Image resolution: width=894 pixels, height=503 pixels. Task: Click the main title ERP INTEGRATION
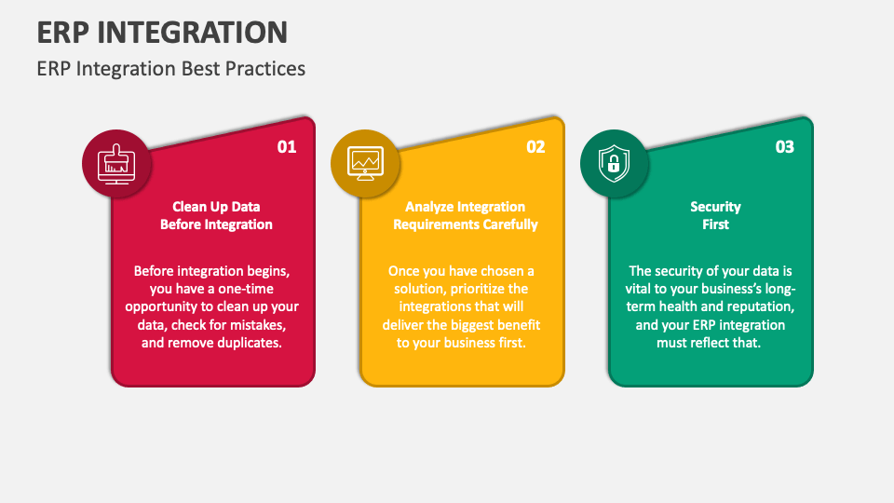click(162, 33)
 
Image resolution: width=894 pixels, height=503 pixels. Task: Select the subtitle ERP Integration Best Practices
click(171, 69)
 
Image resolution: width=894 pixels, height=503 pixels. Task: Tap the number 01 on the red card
click(287, 147)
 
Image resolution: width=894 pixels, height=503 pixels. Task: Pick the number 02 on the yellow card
click(535, 147)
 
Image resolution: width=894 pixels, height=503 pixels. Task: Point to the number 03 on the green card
click(784, 147)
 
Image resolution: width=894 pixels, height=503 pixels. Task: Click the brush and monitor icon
click(116, 164)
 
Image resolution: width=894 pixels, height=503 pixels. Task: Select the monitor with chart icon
click(365, 164)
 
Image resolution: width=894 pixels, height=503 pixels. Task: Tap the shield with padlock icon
click(614, 164)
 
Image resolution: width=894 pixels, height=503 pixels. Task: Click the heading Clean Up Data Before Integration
click(216, 215)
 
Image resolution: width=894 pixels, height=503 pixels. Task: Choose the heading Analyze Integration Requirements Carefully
click(466, 215)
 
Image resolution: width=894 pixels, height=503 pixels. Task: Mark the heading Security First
click(715, 215)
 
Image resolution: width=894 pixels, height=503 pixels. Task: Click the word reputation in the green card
click(764, 306)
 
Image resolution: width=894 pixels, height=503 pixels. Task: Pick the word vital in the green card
click(637, 289)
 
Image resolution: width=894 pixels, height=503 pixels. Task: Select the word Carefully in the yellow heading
click(510, 224)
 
